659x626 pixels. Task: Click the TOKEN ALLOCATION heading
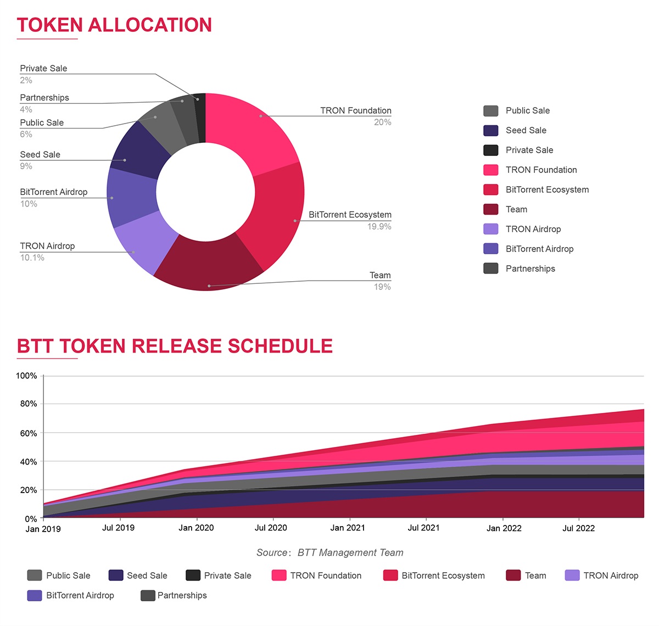[x=114, y=25]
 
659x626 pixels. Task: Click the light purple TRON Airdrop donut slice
[x=144, y=242]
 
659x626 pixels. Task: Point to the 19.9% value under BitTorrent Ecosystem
[x=379, y=227]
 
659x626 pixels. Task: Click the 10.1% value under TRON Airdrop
[x=32, y=258]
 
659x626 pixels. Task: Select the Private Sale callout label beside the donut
[x=43, y=69]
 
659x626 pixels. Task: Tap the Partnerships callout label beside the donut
[x=44, y=98]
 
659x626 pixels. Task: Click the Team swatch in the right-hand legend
[x=491, y=209]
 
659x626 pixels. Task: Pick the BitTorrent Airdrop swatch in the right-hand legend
[x=491, y=249]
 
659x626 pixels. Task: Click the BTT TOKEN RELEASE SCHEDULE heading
[x=175, y=346]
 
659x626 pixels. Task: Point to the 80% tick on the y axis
[x=29, y=404]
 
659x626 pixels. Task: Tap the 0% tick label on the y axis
[x=31, y=519]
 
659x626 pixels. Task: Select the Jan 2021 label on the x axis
[x=348, y=528]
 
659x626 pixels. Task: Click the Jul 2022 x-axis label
[x=579, y=528]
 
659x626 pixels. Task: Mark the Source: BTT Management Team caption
[x=330, y=552]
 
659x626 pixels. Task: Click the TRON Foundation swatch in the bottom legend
[x=279, y=575]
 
